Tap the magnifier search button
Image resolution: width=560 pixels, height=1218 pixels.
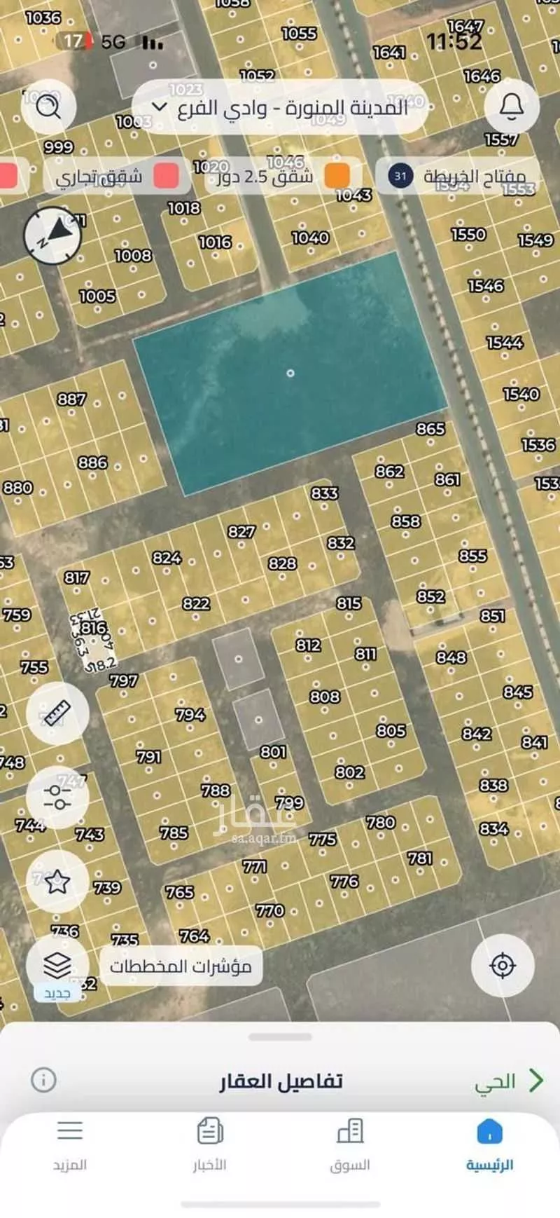click(x=48, y=107)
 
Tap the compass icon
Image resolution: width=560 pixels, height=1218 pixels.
click(x=52, y=236)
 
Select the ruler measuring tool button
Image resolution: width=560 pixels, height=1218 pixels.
click(x=57, y=713)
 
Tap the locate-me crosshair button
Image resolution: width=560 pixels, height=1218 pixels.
click(x=503, y=966)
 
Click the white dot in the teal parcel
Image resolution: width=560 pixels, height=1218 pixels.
click(x=290, y=373)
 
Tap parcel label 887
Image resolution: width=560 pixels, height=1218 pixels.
click(x=71, y=399)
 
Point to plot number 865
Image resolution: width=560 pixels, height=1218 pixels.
click(x=430, y=428)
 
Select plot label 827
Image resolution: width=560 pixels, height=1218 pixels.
click(x=241, y=532)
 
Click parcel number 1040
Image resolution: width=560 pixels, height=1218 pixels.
click(x=310, y=238)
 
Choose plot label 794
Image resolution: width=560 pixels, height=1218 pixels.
click(x=190, y=714)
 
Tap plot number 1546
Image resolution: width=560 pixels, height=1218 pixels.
click(x=486, y=285)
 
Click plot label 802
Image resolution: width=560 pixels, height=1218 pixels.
click(x=349, y=772)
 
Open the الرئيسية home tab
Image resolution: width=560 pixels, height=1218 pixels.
click(x=489, y=1145)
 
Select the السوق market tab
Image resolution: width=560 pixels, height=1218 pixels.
click(x=350, y=1145)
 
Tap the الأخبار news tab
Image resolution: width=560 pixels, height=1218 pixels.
click(x=210, y=1145)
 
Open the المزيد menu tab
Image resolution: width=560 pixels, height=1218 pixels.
click(x=70, y=1145)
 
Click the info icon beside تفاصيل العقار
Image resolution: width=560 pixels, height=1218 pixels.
click(x=43, y=1080)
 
